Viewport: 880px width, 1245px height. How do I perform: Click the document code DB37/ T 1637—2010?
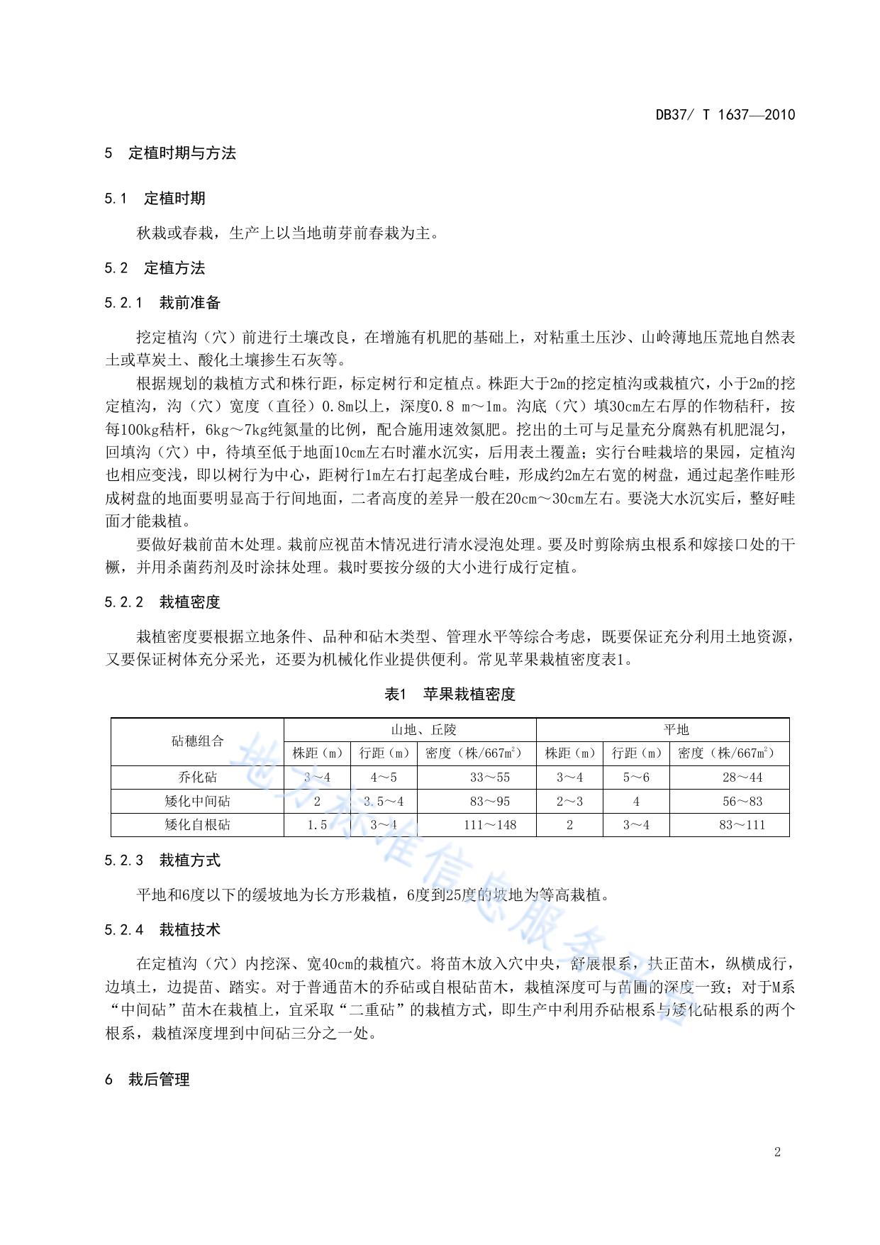[x=725, y=115]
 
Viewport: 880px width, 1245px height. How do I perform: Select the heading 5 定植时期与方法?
[x=170, y=153]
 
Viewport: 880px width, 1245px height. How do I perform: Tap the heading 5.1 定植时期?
[x=155, y=199]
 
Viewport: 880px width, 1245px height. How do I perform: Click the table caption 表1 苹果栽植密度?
[x=450, y=695]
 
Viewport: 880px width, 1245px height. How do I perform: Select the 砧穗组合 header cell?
[x=197, y=741]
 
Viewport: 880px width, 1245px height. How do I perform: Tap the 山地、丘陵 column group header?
[x=410, y=729]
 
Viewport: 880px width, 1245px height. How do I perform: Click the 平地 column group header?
[x=662, y=729]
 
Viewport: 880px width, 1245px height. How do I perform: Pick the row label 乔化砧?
[x=197, y=778]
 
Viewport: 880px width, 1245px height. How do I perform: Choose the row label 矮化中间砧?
[x=197, y=801]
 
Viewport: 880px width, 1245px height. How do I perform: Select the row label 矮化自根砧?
[x=197, y=824]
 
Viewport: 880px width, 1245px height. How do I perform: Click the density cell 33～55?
[x=489, y=778]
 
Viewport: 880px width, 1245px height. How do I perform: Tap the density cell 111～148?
[x=489, y=824]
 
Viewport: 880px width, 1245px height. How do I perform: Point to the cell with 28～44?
[x=742, y=778]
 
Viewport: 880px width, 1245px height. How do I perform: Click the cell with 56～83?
[x=742, y=801]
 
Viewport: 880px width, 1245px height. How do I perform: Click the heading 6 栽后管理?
[x=147, y=1080]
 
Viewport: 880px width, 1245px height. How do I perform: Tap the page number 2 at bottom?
[x=777, y=1151]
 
